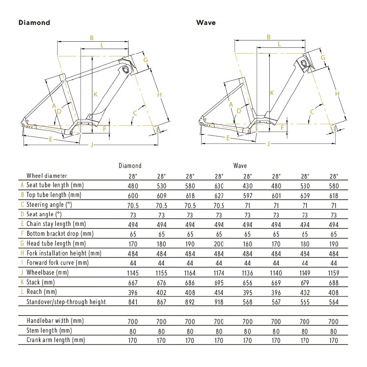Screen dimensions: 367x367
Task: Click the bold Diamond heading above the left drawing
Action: pyautogui.click(x=34, y=23)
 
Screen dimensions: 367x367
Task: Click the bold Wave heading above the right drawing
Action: pyautogui.click(x=206, y=23)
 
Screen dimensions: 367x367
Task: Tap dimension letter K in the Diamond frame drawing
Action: pyautogui.click(x=95, y=94)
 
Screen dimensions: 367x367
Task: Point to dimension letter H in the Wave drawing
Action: pyautogui.click(x=337, y=94)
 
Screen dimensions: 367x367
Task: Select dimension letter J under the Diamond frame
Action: pyautogui.click(x=92, y=145)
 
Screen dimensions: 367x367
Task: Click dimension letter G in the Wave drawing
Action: pyautogui.click(x=322, y=58)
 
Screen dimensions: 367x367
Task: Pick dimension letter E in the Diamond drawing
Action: pyautogui.click(x=50, y=139)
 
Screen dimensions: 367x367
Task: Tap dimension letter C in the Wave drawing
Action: pyautogui.click(x=312, y=112)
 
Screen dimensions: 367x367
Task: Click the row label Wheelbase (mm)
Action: pyautogui.click(x=47, y=272)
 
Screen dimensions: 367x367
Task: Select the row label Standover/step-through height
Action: pyautogui.click(x=66, y=302)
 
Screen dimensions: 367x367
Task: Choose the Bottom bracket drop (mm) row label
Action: pyautogui.click(x=60, y=233)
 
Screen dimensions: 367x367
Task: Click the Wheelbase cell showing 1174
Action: pyautogui.click(x=219, y=273)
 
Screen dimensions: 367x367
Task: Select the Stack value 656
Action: pyautogui.click(x=247, y=282)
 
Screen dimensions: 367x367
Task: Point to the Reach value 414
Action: pyautogui.click(x=219, y=292)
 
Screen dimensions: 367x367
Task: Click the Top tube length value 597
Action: pyautogui.click(x=247, y=195)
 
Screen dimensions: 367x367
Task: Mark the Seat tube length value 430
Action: pyautogui.click(x=247, y=185)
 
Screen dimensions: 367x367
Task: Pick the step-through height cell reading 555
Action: pyautogui.click(x=304, y=302)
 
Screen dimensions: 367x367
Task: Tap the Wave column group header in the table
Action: pyautogui.click(x=240, y=166)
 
